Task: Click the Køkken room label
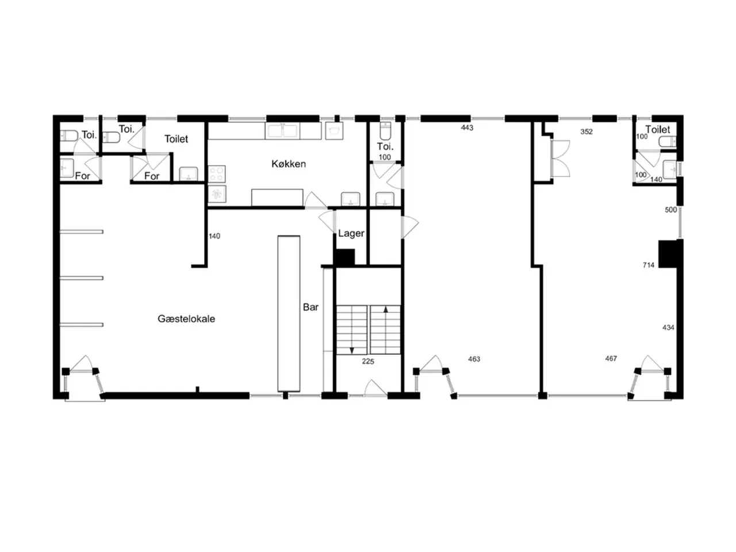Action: click(289, 164)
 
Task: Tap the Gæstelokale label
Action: click(186, 319)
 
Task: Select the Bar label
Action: click(310, 307)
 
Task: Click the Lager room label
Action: click(351, 233)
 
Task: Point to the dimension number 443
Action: click(467, 128)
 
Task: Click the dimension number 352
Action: click(586, 132)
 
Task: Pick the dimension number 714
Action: click(649, 265)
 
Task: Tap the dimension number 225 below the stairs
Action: click(368, 361)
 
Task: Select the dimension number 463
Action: click(474, 359)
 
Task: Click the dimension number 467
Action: click(611, 359)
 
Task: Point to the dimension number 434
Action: click(668, 327)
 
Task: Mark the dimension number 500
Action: click(670, 210)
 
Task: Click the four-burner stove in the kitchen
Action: click(217, 174)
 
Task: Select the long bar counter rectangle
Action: click(289, 313)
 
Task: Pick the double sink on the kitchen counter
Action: click(282, 131)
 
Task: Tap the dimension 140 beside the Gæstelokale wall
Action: click(214, 236)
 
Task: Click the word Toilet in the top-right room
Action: click(658, 129)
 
